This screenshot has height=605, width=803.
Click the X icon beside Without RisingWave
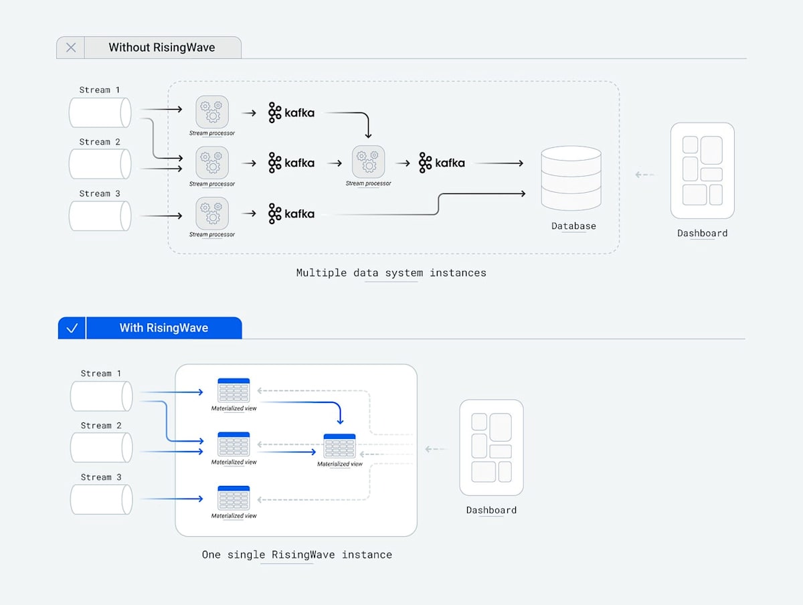(71, 48)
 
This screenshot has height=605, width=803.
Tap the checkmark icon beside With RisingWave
(72, 328)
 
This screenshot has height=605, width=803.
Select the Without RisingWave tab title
(162, 48)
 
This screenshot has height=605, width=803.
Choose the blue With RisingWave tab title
(163, 328)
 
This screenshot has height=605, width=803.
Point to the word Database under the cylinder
(573, 226)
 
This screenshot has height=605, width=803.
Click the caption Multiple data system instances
(391, 273)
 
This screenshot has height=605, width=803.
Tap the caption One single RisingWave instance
(296, 555)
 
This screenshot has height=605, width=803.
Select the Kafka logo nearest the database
(442, 163)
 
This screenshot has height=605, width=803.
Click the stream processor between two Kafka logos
(369, 162)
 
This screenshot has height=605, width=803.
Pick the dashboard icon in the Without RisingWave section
(702, 171)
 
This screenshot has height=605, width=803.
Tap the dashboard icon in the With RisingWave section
(491, 448)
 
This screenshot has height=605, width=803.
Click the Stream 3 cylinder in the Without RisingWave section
(100, 215)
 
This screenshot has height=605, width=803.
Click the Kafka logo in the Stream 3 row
(291, 213)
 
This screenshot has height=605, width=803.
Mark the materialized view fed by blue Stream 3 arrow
(234, 499)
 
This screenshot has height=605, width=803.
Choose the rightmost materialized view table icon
(339, 446)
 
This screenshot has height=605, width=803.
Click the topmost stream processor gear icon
(212, 112)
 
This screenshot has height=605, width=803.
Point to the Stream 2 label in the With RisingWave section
(101, 426)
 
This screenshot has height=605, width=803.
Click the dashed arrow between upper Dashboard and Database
(644, 175)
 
